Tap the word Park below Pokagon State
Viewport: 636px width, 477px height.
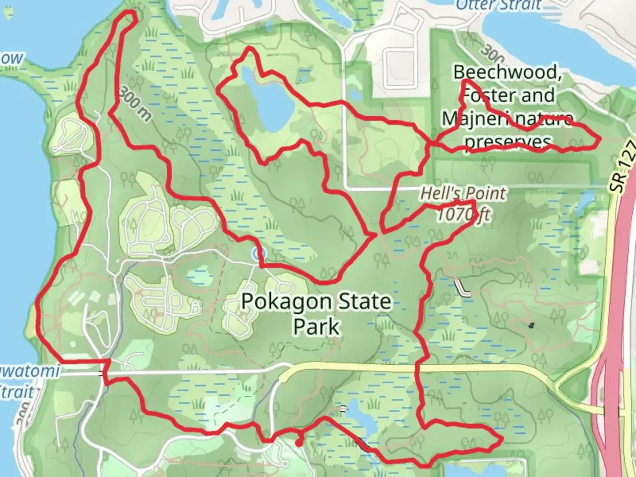317,327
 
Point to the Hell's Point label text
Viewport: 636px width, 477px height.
463,193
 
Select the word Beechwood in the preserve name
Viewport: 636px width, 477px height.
508,72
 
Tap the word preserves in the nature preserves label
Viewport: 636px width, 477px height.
508,142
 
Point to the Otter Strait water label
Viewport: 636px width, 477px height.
498,5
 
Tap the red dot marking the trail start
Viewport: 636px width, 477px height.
299,443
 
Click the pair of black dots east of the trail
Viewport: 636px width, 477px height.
531,326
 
